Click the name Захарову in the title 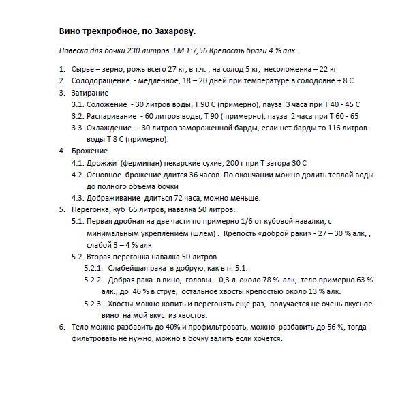pos(172,32)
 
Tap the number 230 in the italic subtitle pos(135,52)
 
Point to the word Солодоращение pos(102,80)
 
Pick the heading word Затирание pos(90,93)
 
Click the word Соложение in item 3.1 pos(108,104)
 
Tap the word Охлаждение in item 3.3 pos(111,128)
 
